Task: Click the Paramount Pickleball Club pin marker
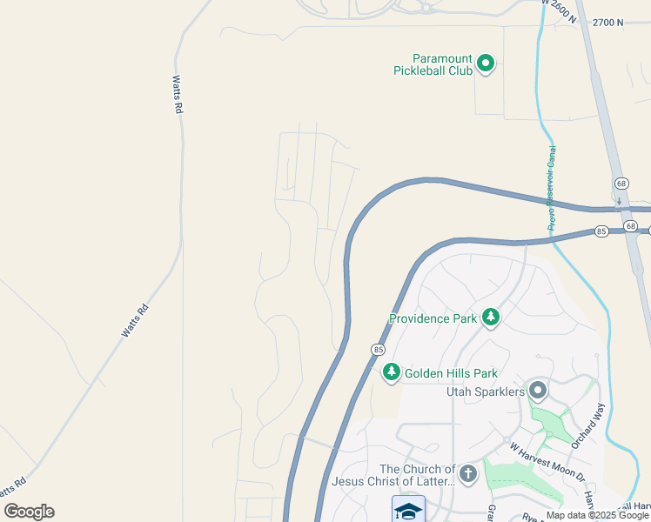487,64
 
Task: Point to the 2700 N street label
607,23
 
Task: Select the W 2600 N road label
559,11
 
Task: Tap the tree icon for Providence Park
491,318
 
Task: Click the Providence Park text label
433,318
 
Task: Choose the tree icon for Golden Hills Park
392,373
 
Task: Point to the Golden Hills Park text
451,373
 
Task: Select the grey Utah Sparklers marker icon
538,391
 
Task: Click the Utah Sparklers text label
486,392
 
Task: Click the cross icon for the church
468,474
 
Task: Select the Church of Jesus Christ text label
393,475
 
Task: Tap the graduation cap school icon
408,510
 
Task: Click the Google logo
29,512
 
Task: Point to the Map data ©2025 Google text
596,515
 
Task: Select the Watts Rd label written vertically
177,94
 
